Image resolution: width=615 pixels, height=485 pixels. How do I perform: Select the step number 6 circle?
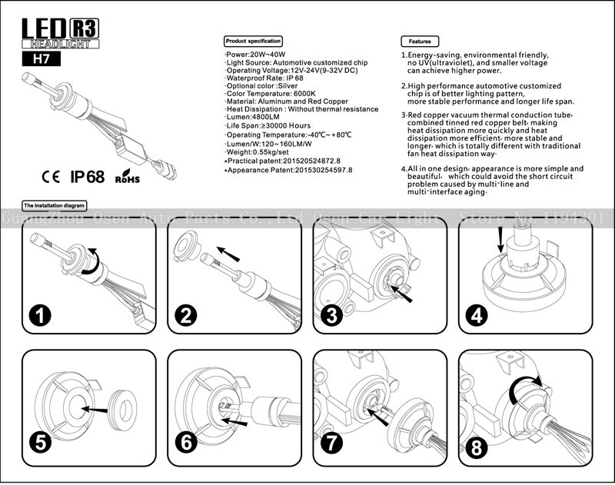[x=188, y=442]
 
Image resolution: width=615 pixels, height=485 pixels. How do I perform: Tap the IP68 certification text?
[x=87, y=177]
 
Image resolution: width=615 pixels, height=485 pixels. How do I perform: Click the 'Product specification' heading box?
[x=253, y=41]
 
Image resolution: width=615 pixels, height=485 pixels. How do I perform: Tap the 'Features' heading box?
[x=420, y=41]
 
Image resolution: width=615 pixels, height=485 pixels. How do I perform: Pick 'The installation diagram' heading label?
[x=55, y=206]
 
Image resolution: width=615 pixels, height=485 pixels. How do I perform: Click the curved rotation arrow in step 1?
[x=90, y=261]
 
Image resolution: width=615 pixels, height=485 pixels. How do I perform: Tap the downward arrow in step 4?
[x=500, y=238]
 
